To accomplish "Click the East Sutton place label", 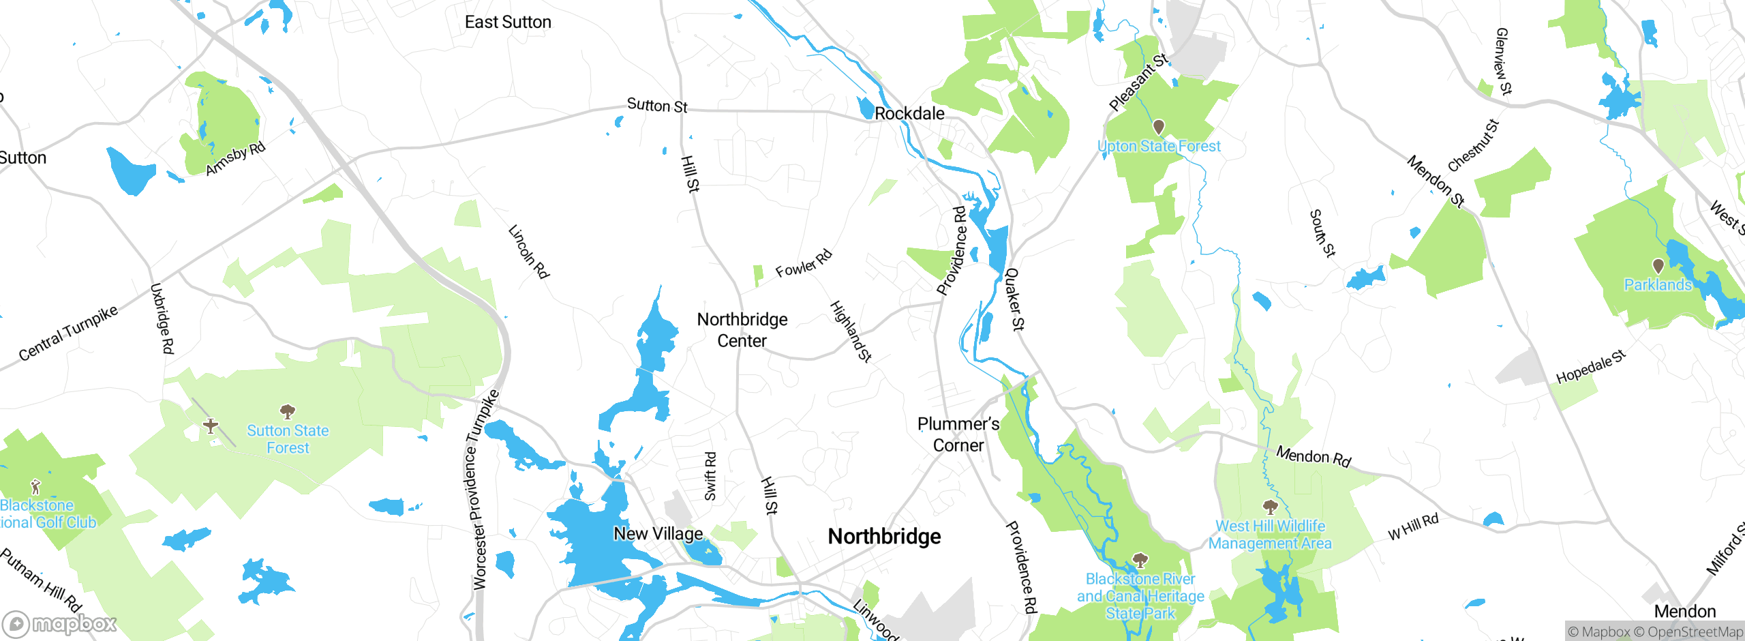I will (508, 23).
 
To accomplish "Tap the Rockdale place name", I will (909, 114).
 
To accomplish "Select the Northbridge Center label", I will (742, 330).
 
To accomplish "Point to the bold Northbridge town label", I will (884, 537).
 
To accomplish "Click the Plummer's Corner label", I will (958, 434).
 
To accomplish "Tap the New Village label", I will (658, 534).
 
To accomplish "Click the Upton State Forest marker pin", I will (1158, 127).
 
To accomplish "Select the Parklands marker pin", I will (1658, 266).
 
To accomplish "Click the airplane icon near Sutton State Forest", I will (211, 426).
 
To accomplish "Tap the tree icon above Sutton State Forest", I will (288, 411).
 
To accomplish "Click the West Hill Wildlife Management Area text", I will (1270, 535).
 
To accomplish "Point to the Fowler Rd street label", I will (804, 264).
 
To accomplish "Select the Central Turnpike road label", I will (67, 333).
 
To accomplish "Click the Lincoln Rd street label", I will (529, 252).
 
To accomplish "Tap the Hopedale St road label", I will (1590, 368).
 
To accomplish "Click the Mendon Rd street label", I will (1313, 456).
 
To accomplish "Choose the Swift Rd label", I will (710, 476).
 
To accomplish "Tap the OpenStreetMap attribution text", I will (1695, 632).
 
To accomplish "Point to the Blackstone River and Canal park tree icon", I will (1140, 561).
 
